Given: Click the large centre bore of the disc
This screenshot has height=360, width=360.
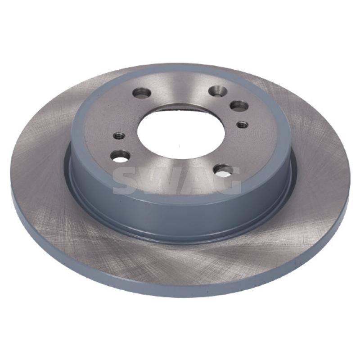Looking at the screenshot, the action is click(x=181, y=132).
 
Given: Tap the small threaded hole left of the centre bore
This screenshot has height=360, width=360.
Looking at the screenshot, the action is click(x=119, y=136).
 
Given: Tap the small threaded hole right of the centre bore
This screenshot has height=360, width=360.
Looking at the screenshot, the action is click(x=243, y=125).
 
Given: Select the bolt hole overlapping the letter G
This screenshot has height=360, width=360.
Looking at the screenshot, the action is click(x=223, y=170).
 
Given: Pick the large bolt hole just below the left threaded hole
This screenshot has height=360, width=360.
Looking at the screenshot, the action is click(x=120, y=156).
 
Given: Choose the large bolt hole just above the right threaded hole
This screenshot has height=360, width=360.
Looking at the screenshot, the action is click(x=239, y=106).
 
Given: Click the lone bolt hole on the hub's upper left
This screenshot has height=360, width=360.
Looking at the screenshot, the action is click(x=142, y=93).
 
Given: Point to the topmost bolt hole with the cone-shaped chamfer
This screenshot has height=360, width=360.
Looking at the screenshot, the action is click(x=218, y=90).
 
